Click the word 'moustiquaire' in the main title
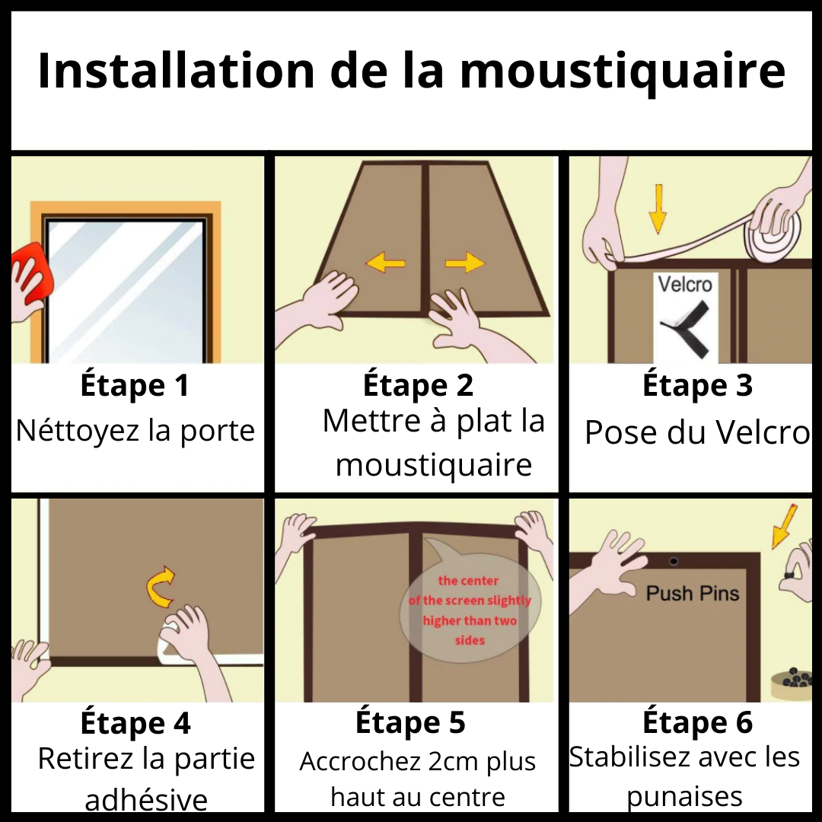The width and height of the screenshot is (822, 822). (623, 72)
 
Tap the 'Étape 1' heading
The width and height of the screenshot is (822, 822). (135, 386)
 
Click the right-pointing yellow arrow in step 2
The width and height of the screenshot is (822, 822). (465, 263)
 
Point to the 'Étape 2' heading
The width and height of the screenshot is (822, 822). (418, 385)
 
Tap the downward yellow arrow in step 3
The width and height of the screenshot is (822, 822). (658, 209)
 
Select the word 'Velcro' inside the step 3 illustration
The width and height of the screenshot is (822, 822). (685, 285)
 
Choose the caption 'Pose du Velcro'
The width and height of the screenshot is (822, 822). (696, 432)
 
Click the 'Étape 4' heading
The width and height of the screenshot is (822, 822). (135, 722)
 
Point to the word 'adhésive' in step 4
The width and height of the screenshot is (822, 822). (146, 799)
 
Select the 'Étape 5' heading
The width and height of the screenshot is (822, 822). (410, 722)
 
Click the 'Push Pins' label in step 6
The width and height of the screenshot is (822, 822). (693, 593)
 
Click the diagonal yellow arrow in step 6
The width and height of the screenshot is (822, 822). (784, 525)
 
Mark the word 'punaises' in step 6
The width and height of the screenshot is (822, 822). (684, 796)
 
